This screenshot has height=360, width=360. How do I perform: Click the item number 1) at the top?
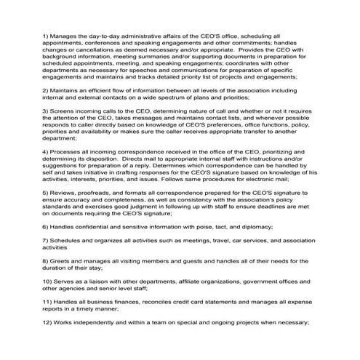point(47,35)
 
